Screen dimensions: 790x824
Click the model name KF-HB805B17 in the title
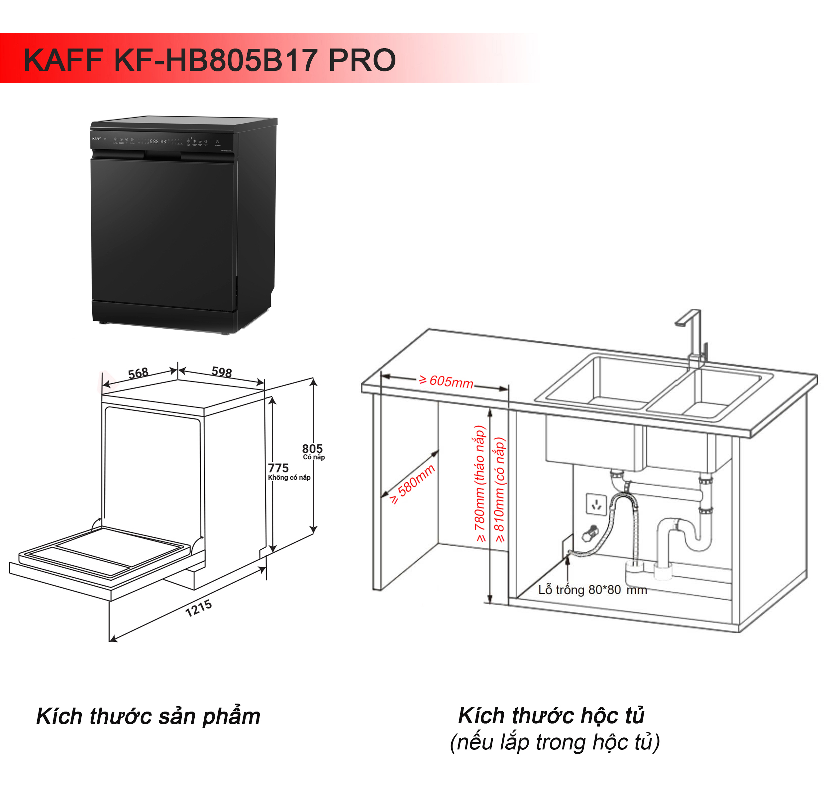pyautogui.click(x=215, y=60)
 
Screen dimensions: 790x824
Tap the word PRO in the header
pyautogui.click(x=362, y=60)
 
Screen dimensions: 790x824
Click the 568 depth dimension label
pyautogui.click(x=138, y=373)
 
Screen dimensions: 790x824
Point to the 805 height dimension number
pyautogui.click(x=312, y=449)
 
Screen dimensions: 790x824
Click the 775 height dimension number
pyautogui.click(x=278, y=468)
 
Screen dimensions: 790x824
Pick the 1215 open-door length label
pyautogui.click(x=198, y=609)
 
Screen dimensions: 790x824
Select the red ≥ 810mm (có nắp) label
pyautogui.click(x=499, y=490)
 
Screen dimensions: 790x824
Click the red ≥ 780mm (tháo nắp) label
pyautogui.click(x=480, y=484)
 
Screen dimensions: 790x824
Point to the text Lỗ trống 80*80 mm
pyautogui.click(x=592, y=590)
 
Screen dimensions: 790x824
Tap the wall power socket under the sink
pyautogui.click(x=596, y=504)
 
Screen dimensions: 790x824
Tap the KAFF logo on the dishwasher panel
pyautogui.click(x=96, y=139)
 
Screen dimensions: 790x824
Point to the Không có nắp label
pyautogui.click(x=289, y=478)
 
